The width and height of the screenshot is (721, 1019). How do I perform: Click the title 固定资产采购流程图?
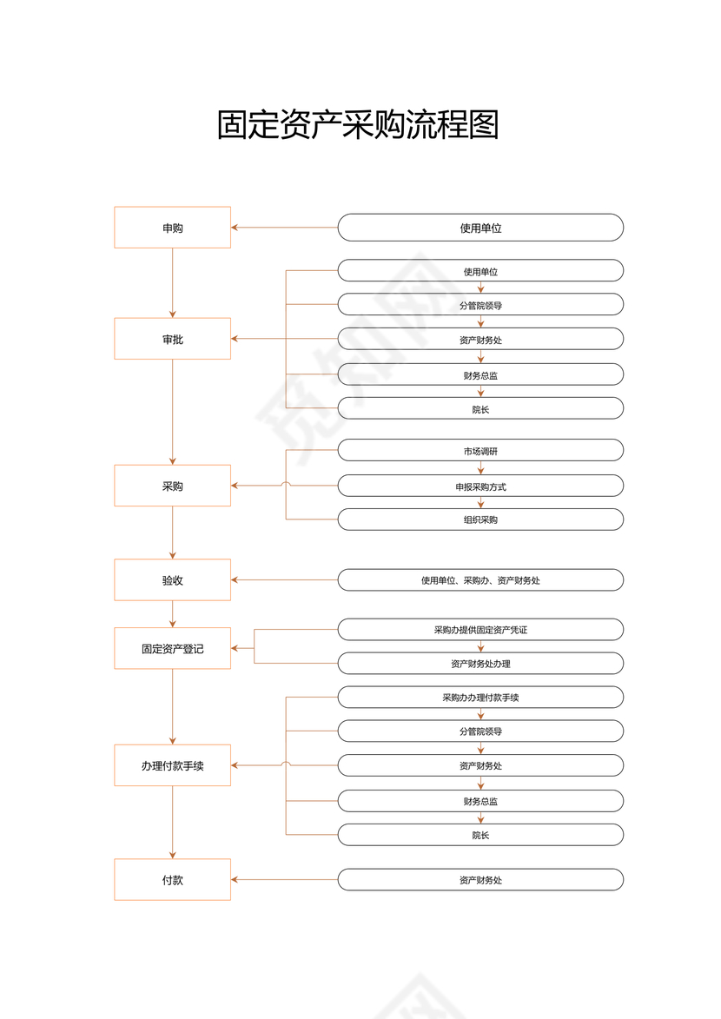pyautogui.click(x=358, y=126)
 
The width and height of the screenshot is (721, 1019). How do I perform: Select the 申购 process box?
pyautogui.click(x=172, y=228)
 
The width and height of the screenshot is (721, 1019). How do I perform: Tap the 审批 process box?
pyautogui.click(x=172, y=339)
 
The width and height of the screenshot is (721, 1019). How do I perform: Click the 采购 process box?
pyautogui.click(x=172, y=486)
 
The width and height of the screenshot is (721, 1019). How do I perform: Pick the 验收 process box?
pyautogui.click(x=172, y=579)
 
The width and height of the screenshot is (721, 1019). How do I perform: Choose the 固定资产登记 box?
pyautogui.click(x=172, y=648)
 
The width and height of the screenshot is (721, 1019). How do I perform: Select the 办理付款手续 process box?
pyautogui.click(x=172, y=765)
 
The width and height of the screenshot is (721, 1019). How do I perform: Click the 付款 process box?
pyautogui.click(x=172, y=879)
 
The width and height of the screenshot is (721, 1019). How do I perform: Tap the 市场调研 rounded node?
pyautogui.click(x=480, y=450)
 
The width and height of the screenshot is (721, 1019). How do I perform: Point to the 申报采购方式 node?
pyautogui.click(x=480, y=486)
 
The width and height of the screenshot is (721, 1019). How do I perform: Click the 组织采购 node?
pyautogui.click(x=480, y=519)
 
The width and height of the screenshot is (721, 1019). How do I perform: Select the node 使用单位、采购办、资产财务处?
pyautogui.click(x=480, y=579)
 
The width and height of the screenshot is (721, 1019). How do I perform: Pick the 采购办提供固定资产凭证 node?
pyautogui.click(x=480, y=630)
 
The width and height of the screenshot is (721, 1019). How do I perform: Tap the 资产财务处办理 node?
pyautogui.click(x=480, y=664)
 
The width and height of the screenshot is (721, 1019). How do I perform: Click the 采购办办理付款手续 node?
pyautogui.click(x=480, y=697)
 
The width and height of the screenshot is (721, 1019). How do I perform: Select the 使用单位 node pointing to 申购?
pyautogui.click(x=480, y=228)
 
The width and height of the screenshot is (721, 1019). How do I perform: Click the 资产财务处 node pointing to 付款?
pyautogui.click(x=480, y=879)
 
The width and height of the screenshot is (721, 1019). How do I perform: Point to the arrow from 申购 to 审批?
pyautogui.click(x=172, y=282)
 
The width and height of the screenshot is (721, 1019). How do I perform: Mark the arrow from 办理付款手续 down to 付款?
pyautogui.click(x=172, y=822)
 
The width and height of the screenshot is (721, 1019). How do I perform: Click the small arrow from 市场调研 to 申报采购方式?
pyautogui.click(x=480, y=468)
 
